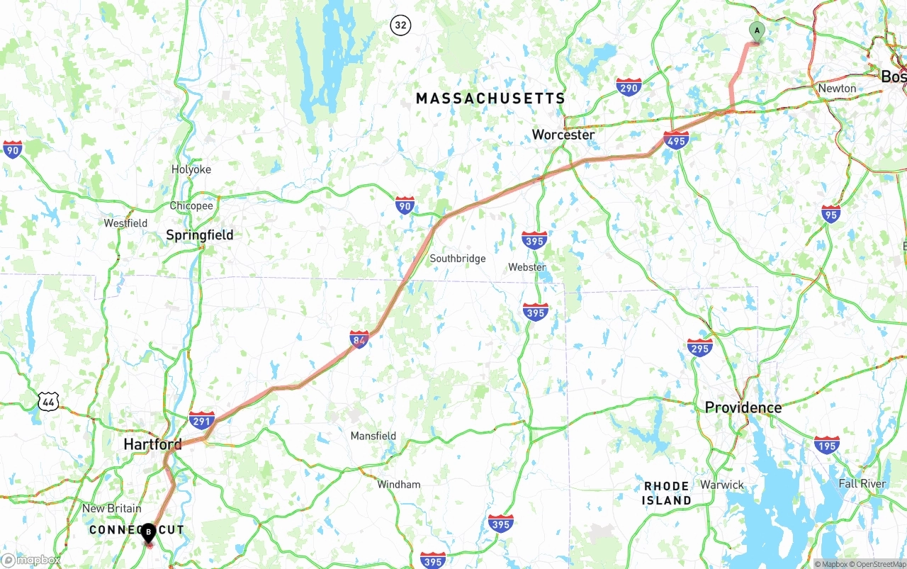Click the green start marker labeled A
point(757,31)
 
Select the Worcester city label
point(563,135)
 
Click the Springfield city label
point(199,235)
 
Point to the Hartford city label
point(152,444)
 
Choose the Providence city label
point(743,407)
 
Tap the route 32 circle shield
point(400,26)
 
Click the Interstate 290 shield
point(629,87)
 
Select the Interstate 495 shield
point(676,140)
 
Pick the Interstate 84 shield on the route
point(359,339)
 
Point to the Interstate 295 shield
point(699,347)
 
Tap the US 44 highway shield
point(48,402)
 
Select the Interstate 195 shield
point(826,445)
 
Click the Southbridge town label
point(458,259)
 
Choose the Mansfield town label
point(373,436)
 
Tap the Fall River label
point(862,483)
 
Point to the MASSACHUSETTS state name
point(490,98)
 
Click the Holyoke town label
point(191,169)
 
